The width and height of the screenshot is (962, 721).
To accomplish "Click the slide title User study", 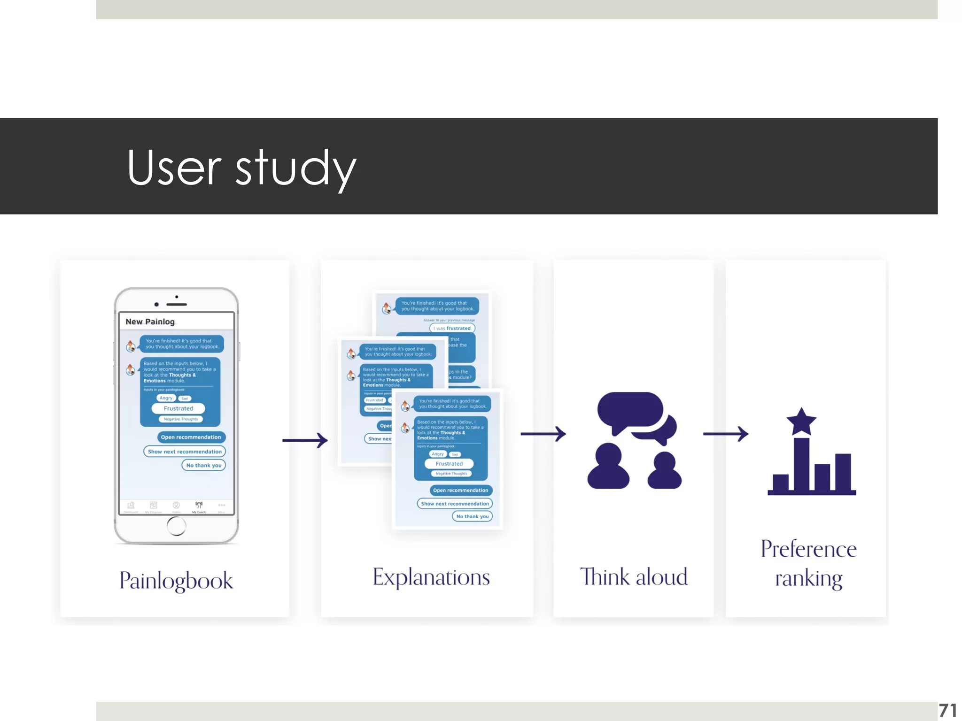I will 241,168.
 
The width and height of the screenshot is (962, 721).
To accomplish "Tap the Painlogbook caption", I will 176,581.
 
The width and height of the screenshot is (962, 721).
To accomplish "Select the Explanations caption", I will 431,577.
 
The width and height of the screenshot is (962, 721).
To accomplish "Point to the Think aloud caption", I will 634,577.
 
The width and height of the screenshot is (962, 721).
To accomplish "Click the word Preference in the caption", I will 808,549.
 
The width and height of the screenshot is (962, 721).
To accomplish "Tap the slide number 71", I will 947,711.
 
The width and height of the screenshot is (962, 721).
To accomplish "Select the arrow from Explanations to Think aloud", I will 543,434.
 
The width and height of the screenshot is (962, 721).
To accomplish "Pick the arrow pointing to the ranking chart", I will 725,434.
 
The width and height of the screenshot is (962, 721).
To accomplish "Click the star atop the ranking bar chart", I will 801,421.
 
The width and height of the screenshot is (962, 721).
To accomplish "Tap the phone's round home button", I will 176,526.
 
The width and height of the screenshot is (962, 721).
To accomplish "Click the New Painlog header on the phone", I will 150,322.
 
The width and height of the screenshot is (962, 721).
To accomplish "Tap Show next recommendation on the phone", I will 185,452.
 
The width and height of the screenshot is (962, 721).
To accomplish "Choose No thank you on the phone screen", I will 204,465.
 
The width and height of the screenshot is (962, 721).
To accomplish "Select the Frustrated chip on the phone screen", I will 178,408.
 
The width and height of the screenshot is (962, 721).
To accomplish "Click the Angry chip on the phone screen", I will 166,398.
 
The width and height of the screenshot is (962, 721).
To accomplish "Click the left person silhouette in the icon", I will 608,466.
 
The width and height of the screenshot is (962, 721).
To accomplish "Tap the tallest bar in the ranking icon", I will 801,465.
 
